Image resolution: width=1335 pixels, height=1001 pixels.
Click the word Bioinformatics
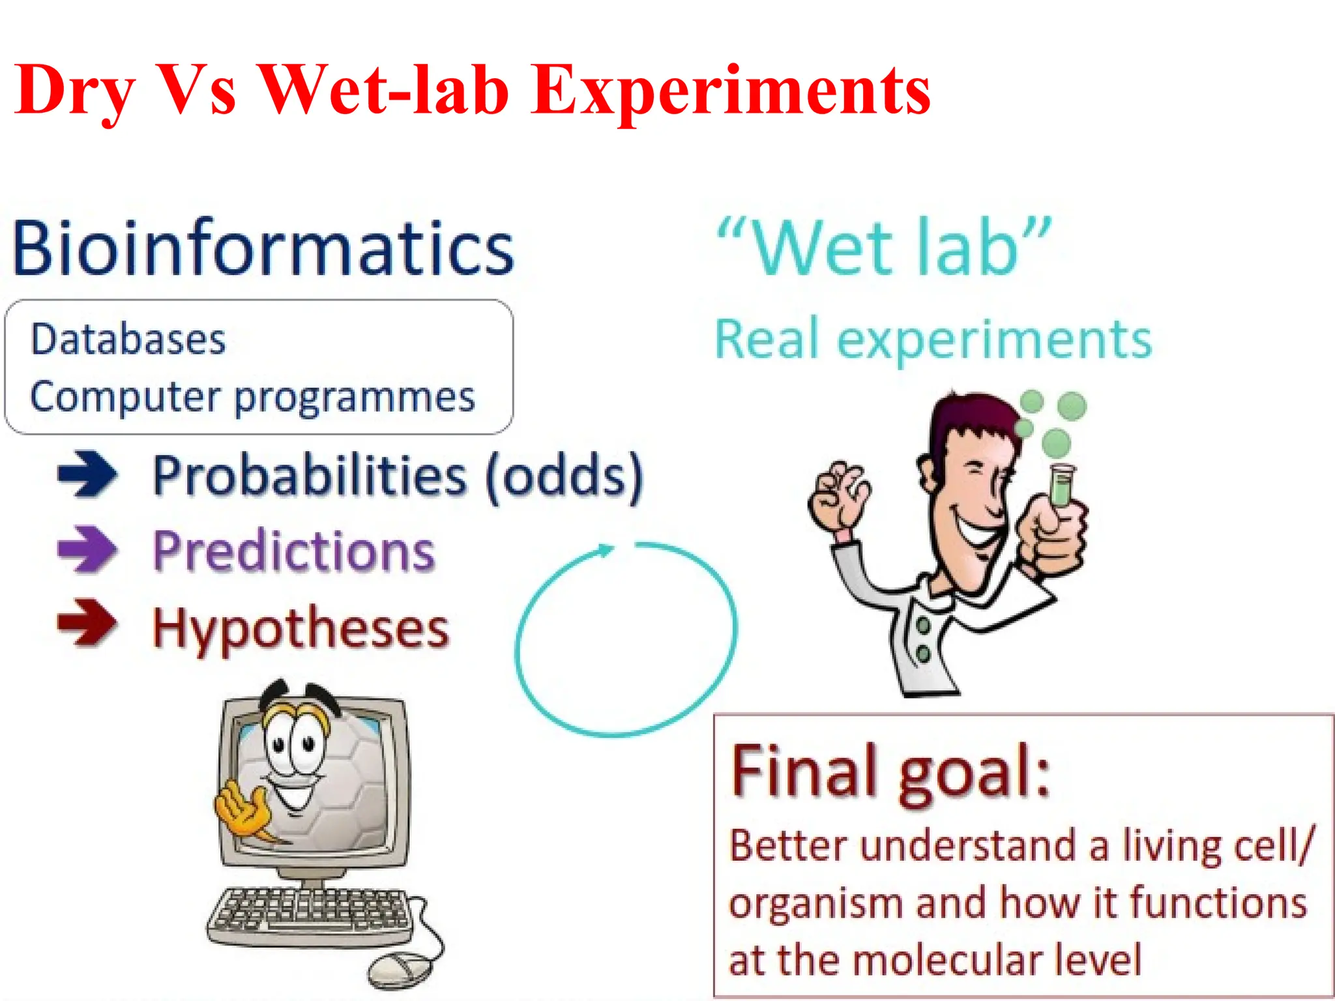(263, 248)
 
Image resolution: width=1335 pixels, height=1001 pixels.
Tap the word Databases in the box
(128, 340)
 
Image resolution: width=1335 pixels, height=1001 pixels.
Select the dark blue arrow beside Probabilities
(87, 474)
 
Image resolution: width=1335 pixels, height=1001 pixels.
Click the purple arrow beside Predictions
(87, 549)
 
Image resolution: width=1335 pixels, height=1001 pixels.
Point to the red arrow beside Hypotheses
(87, 623)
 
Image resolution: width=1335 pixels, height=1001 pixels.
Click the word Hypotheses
(301, 629)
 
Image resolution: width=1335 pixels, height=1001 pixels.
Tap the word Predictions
(294, 551)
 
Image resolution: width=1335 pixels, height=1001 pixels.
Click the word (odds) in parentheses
(565, 476)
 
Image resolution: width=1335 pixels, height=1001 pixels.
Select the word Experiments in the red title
(731, 91)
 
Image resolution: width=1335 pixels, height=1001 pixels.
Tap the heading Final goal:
(890, 774)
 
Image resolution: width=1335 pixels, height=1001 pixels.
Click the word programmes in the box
(355, 398)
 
